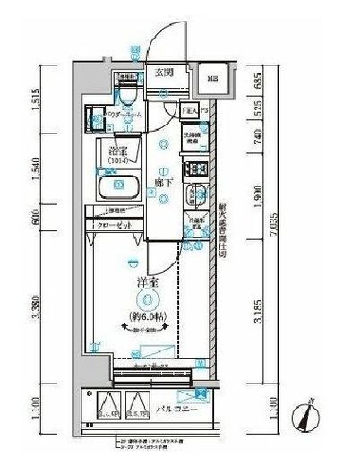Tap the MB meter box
[211, 78]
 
